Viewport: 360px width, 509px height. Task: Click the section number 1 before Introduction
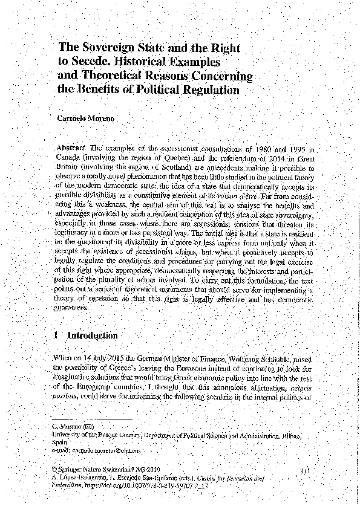coord(56,336)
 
